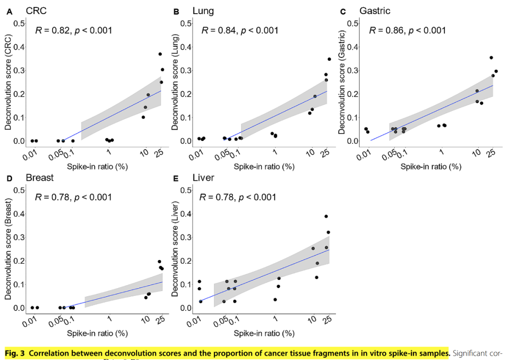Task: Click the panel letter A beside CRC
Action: click(x=9, y=12)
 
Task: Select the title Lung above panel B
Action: click(x=203, y=11)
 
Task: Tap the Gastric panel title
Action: click(x=375, y=11)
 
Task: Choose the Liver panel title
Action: click(x=203, y=178)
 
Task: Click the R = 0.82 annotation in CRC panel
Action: click(x=73, y=30)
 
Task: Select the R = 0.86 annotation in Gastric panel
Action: click(x=407, y=30)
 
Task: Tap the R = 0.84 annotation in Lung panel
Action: click(x=240, y=30)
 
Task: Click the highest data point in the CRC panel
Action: click(x=160, y=54)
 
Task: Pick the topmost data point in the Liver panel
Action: click(x=326, y=217)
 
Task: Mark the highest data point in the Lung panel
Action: click(x=329, y=59)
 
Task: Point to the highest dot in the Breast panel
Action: click(x=159, y=262)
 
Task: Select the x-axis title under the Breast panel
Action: click(x=97, y=333)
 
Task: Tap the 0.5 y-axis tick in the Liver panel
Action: click(x=185, y=190)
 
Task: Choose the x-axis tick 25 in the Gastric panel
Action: click(x=491, y=153)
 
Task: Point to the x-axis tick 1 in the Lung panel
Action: click(x=276, y=152)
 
